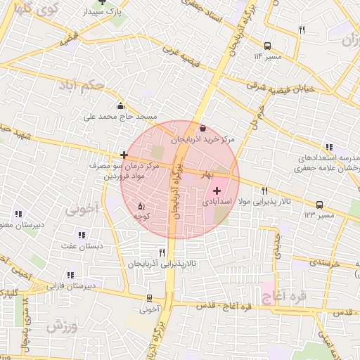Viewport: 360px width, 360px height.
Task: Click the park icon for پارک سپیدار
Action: pos(102,4)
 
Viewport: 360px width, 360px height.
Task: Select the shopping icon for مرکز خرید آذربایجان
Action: pos(203,129)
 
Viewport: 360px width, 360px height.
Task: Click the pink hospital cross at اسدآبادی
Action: pos(216,191)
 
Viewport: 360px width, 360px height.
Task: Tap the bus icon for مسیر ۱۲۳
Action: pos(320,205)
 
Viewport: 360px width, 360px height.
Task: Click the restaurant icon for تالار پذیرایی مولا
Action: pos(264,191)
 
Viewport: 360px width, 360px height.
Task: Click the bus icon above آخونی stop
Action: pos(148,298)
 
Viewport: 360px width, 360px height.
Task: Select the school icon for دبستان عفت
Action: pos(82,235)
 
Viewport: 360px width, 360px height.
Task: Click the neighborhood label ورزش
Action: pos(64,327)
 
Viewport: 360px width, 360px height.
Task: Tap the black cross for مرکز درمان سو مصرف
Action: pos(124,155)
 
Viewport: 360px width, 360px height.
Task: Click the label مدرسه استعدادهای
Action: pos(319,158)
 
